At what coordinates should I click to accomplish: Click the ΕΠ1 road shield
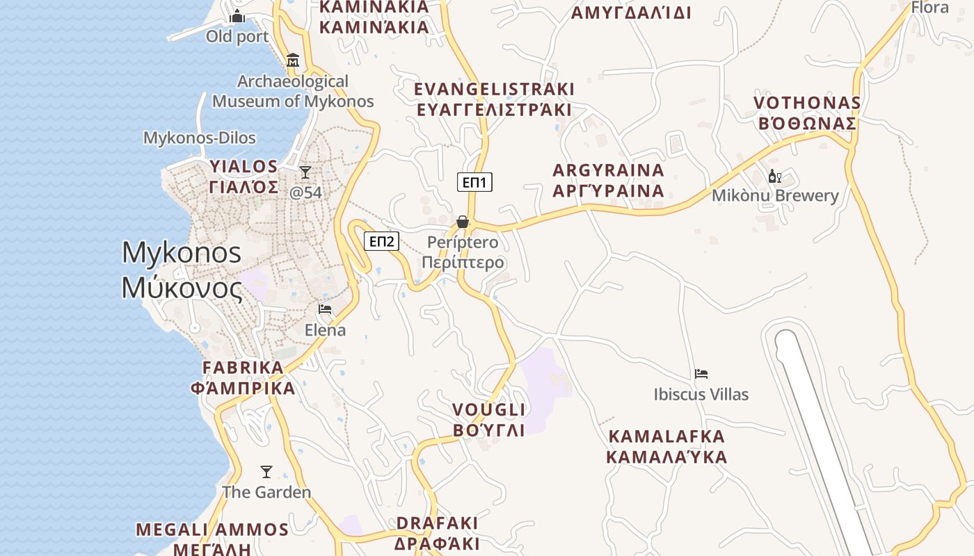click(475, 183)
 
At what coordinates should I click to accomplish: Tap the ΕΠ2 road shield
click(381, 241)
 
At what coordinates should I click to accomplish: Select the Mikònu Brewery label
click(775, 195)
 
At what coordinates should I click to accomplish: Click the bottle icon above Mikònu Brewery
click(774, 177)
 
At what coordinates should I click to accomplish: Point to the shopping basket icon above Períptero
click(463, 222)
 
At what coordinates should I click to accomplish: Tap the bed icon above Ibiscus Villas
click(701, 374)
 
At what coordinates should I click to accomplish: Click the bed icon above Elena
click(325, 309)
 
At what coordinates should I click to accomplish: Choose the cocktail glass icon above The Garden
click(266, 472)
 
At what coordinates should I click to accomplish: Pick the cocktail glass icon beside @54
click(305, 172)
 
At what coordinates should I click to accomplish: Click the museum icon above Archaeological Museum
click(293, 60)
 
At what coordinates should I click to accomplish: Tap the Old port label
click(237, 36)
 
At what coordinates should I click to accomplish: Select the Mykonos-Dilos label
click(200, 138)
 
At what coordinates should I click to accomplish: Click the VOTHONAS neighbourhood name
click(807, 103)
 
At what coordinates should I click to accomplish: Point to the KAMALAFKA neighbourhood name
click(666, 436)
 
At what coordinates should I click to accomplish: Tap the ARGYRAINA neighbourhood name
click(608, 170)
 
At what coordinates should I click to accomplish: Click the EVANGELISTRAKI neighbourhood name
click(494, 89)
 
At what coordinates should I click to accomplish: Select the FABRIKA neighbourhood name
click(243, 368)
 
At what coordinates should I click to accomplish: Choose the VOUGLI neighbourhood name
click(488, 409)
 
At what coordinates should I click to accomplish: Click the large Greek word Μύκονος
click(182, 287)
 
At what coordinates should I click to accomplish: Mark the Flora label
click(930, 8)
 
